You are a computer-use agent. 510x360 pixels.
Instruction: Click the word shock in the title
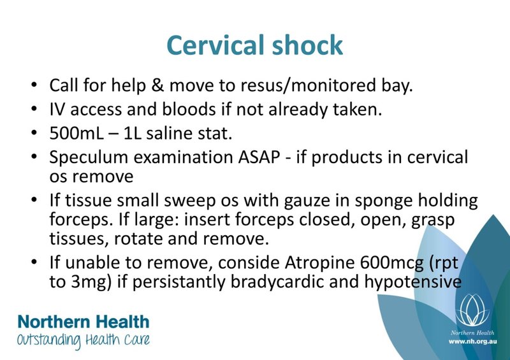[307, 45]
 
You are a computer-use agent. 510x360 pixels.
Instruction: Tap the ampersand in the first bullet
[157, 85]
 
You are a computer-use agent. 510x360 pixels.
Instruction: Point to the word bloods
[189, 109]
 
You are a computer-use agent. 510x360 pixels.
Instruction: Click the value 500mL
[76, 133]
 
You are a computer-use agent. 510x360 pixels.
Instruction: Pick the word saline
[169, 133]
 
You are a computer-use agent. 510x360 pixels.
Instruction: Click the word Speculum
[89, 158]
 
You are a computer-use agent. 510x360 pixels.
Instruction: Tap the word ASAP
[259, 157]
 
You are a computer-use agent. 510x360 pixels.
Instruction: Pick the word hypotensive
[412, 282]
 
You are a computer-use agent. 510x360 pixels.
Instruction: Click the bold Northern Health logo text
[84, 322]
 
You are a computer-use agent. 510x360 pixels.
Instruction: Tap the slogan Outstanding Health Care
[84, 340]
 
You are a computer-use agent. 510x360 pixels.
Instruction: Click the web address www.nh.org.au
[472, 342]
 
